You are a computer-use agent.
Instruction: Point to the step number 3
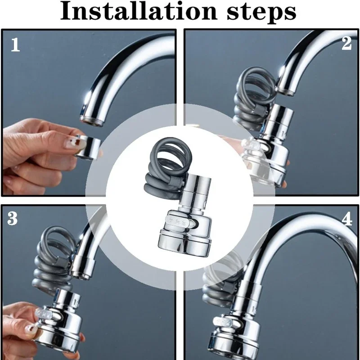click(x=13, y=219)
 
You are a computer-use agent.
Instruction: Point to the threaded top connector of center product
click(x=196, y=184)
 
